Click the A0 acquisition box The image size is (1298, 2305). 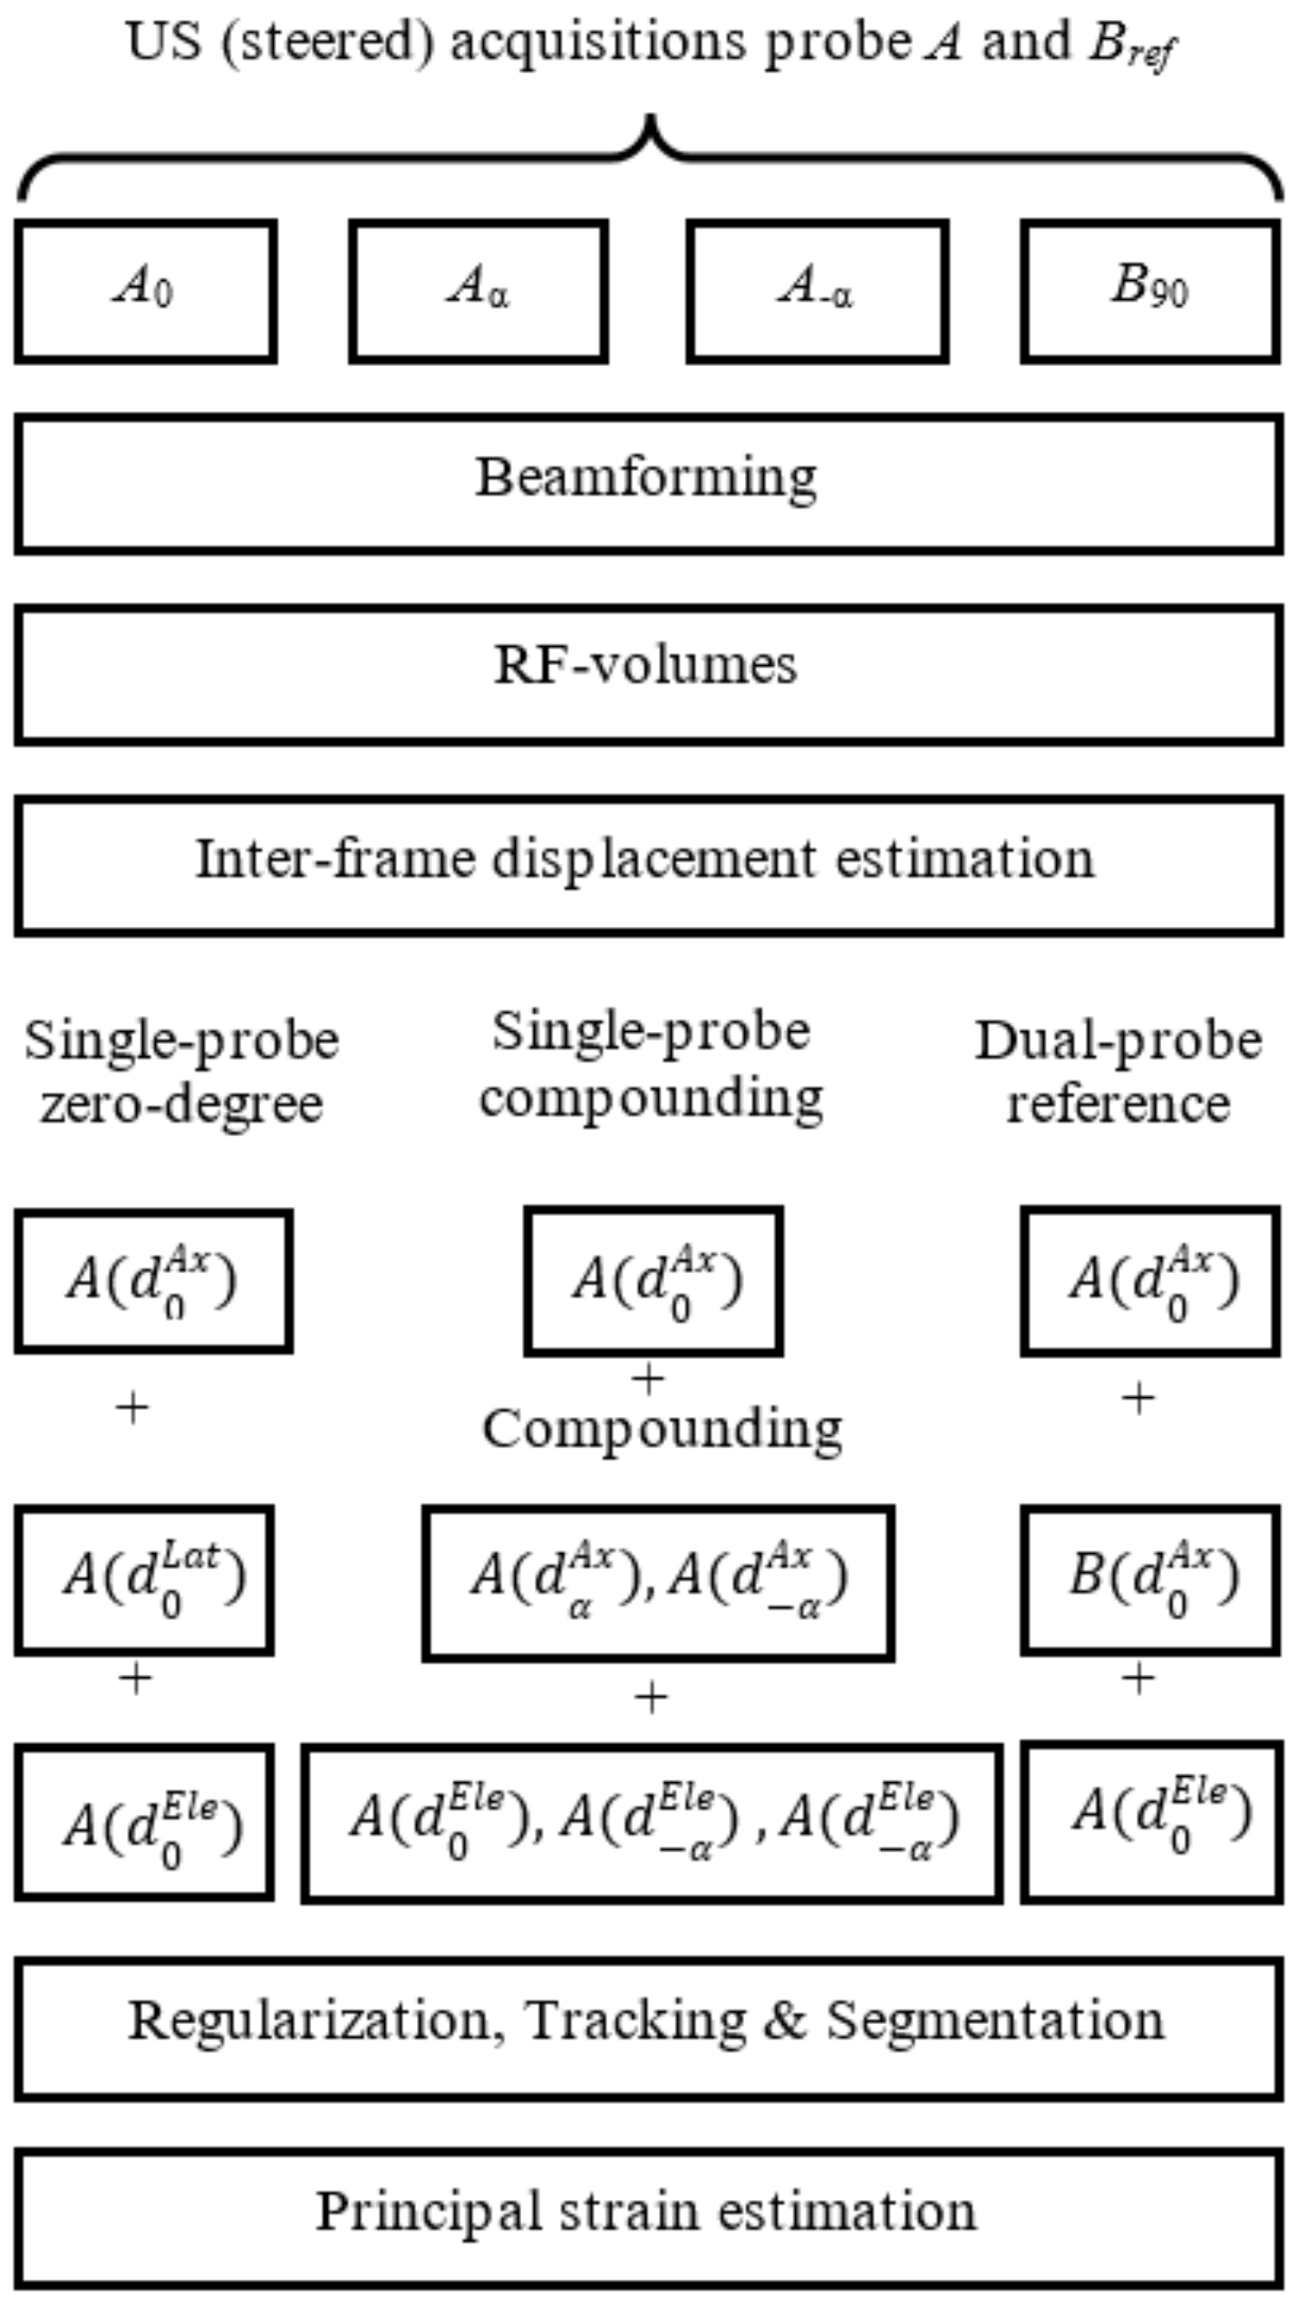145,291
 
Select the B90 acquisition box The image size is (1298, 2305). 1149,291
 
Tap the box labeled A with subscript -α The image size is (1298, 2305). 817,291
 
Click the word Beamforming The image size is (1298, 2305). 646,477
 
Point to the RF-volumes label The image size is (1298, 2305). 646,666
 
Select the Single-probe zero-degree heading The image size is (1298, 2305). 181,1071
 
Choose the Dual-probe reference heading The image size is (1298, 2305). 1119,1071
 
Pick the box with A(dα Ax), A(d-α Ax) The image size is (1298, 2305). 658,1582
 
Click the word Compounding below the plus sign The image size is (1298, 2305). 663,1430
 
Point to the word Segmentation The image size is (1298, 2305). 995,2020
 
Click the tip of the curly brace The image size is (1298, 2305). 650,118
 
